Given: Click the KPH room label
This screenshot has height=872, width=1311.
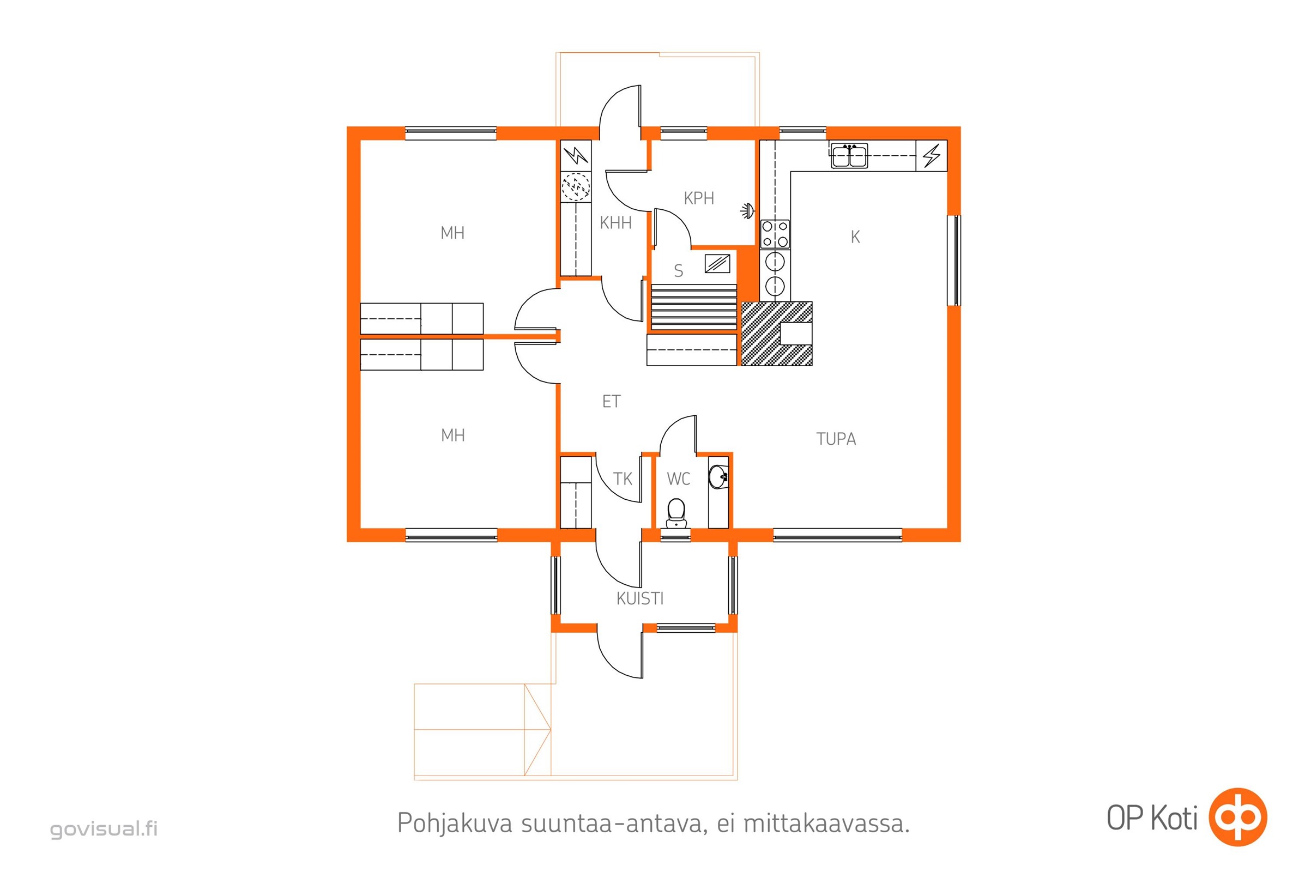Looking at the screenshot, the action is point(699,198).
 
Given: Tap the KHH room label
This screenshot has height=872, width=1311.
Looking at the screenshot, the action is point(615,223).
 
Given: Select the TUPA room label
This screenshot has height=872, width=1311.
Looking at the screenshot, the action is point(836,439).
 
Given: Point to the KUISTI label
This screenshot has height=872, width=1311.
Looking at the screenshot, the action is point(639,598).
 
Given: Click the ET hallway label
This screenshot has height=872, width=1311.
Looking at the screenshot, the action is point(611,401).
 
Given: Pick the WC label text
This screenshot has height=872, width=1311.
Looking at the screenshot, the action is point(678,479).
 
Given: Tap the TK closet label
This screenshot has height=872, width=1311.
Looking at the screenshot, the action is point(623,479).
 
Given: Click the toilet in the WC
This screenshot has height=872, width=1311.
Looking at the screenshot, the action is point(676,513).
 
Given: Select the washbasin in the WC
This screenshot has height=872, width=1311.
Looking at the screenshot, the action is point(718,476).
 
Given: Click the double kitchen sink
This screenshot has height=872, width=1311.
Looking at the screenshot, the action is point(849,155).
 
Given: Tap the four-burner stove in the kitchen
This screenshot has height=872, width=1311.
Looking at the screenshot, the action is point(775,234).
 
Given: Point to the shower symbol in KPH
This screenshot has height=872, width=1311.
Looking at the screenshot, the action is point(747,211).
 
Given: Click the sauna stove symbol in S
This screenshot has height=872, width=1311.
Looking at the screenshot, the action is point(717,263).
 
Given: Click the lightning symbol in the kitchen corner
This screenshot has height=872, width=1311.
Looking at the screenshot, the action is point(931,156).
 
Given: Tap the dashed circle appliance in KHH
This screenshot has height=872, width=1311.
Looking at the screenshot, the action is point(575,186).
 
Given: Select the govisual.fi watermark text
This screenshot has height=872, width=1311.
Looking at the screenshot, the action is point(104,828).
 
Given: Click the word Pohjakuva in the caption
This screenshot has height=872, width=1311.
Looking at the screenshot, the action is point(455,823).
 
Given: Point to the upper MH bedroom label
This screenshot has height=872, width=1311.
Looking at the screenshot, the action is point(452,233).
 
